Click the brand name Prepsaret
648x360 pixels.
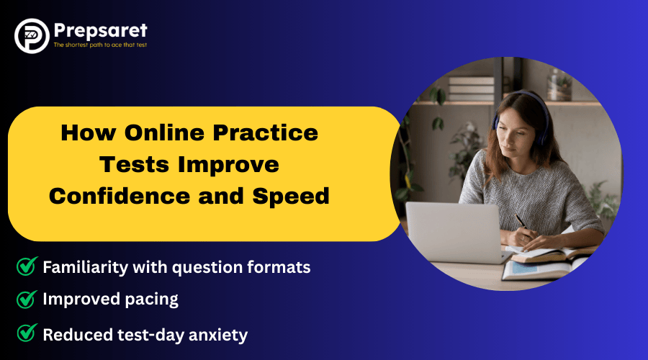(x=100, y=30)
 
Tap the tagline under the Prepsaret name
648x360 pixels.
(x=100, y=45)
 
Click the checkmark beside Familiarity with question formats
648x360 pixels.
(x=27, y=267)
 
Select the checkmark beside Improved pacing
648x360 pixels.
(x=27, y=300)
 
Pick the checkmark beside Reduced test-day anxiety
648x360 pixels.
(x=27, y=333)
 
